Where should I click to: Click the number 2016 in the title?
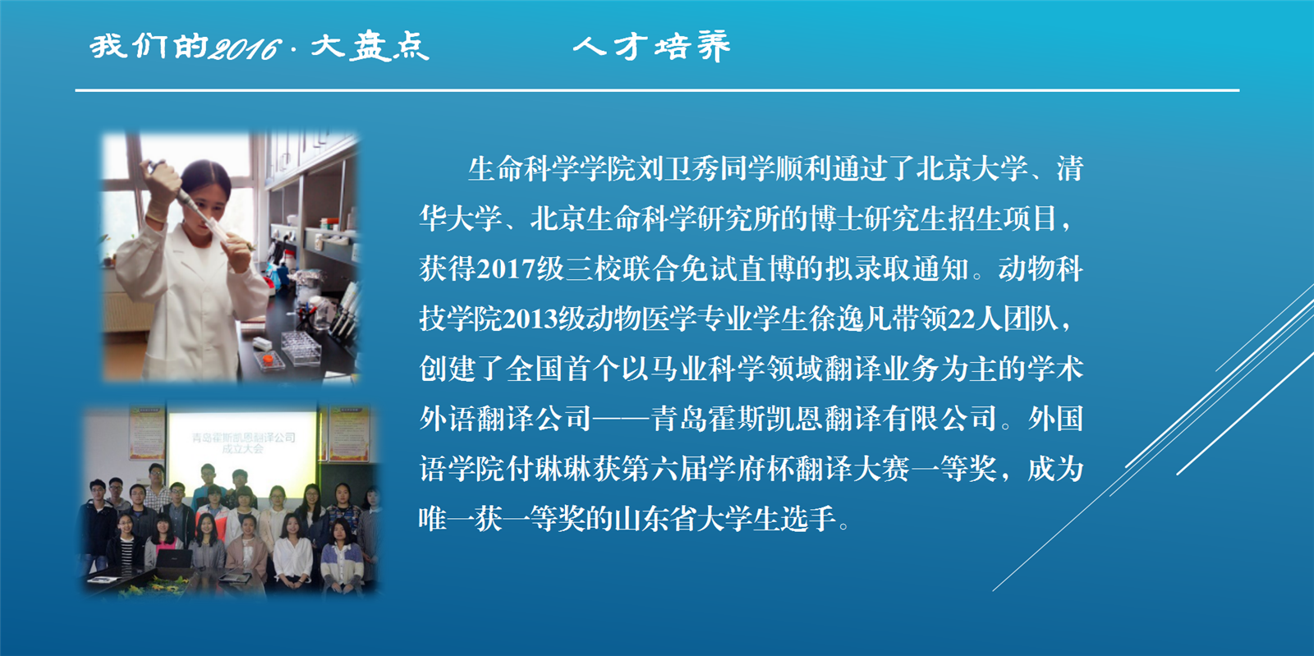pos(246,48)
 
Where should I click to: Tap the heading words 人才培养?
pos(652,46)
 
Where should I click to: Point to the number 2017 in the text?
pos(506,269)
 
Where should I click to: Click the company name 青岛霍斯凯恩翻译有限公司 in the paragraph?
pos(824,420)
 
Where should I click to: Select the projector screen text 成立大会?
pos(242,450)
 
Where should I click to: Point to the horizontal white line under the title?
pos(657,90)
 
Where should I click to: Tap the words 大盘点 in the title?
pos(370,46)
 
